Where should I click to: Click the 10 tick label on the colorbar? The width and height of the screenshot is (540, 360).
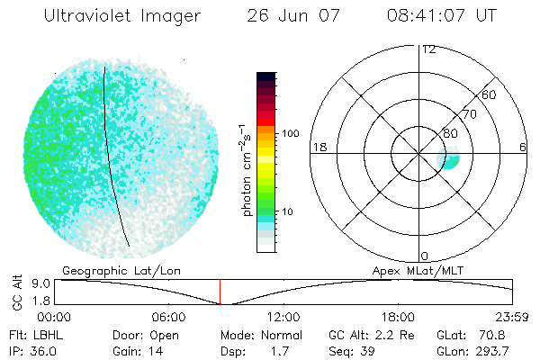[x=289, y=212]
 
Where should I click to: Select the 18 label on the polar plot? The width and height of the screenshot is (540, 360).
[x=318, y=147]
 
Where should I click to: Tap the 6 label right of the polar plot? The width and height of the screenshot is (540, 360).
[x=523, y=147]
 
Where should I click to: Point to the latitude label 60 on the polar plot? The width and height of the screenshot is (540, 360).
[x=490, y=94]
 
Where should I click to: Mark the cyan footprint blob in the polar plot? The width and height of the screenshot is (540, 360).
[x=448, y=160]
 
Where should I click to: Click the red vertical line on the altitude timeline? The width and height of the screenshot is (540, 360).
[x=220, y=292]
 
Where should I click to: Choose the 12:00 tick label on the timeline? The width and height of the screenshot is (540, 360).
[x=283, y=317]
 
